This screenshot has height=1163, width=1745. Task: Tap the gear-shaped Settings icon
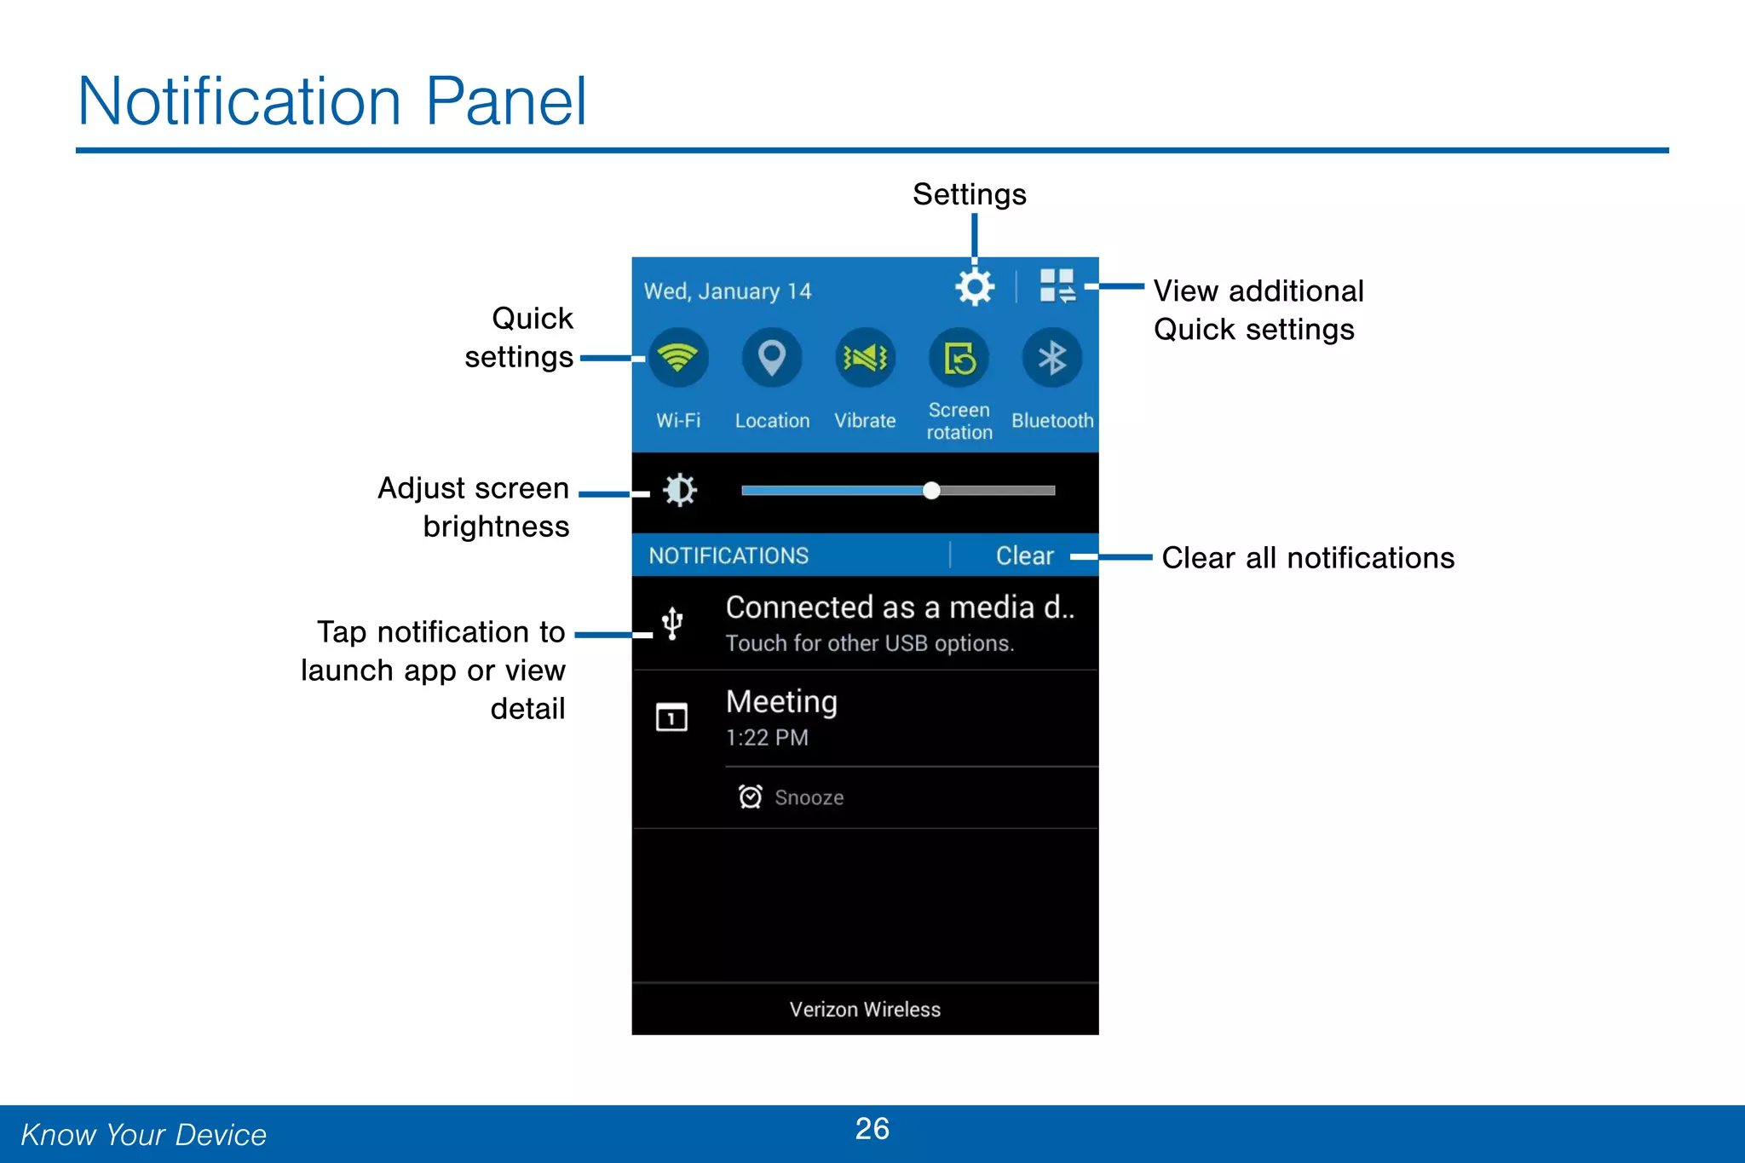(975, 287)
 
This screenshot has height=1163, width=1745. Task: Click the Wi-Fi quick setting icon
(678, 358)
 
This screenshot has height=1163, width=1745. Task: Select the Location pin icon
(772, 358)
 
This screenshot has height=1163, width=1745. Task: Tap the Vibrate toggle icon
(865, 358)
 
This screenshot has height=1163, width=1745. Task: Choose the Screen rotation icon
(959, 358)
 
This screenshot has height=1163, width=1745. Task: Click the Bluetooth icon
(1052, 358)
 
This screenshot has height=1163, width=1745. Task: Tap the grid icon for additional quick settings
(1057, 286)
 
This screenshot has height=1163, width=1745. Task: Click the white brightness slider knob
(931, 490)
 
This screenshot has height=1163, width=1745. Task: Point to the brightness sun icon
(680, 490)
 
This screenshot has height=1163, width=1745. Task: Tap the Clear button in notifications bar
(1024, 556)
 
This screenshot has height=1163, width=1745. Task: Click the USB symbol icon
(672, 623)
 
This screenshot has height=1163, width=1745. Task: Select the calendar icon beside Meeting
(671, 717)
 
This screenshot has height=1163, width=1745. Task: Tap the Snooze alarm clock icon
(750, 797)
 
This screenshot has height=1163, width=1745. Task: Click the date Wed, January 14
(727, 291)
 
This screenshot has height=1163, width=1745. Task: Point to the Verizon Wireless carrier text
(865, 1010)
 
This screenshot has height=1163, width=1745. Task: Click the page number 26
(872, 1129)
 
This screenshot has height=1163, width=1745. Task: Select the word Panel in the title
(506, 101)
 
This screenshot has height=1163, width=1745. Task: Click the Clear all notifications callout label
(1308, 558)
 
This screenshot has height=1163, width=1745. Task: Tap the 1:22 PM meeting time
(767, 738)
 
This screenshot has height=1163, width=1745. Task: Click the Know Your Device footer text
(144, 1135)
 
